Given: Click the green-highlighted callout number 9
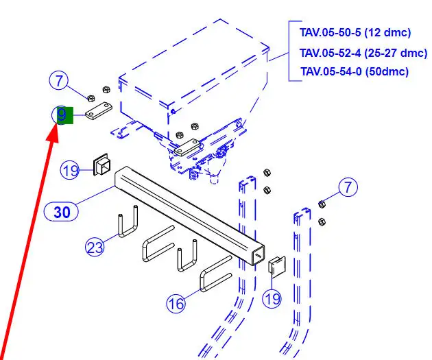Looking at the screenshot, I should click(62, 115).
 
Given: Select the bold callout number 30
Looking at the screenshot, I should click(62, 212).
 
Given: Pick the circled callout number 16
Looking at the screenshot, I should click(176, 302).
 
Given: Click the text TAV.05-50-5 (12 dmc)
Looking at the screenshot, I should click(355, 32).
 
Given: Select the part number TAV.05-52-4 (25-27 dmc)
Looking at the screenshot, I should click(363, 52).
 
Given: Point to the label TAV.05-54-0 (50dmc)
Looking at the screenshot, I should click(354, 71).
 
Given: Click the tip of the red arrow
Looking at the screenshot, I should click(53, 134).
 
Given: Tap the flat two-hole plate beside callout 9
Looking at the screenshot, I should click(100, 111).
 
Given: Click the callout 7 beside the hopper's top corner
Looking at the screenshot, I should click(59, 81).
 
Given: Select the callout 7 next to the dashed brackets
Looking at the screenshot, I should click(348, 186).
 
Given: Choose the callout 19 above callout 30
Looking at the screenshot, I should click(70, 169).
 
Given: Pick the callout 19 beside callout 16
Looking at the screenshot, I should click(272, 298).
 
